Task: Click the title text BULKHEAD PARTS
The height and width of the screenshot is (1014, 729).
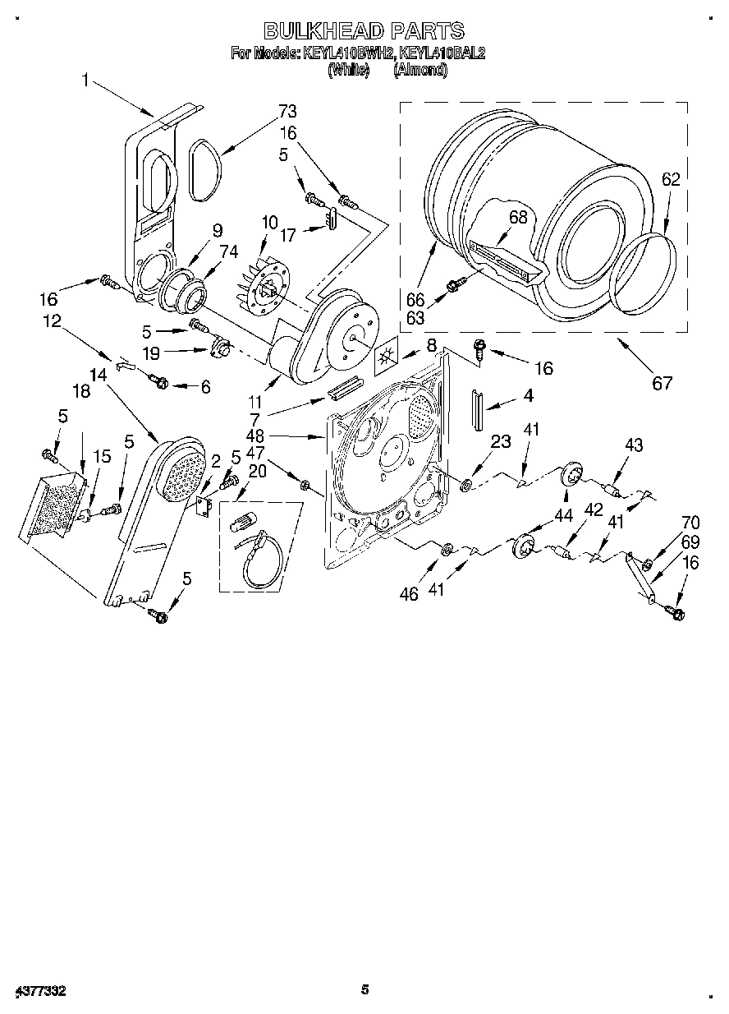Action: click(363, 31)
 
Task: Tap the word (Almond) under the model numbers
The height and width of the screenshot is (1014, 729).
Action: click(420, 71)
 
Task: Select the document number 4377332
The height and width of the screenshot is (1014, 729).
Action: click(40, 992)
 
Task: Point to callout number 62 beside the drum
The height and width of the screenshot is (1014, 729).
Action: click(671, 179)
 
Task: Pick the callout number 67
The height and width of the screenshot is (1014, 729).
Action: click(662, 382)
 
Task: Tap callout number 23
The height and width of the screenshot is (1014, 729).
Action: click(501, 442)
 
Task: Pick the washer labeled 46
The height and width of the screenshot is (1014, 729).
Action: click(447, 548)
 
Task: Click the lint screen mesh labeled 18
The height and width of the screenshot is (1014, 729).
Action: click(54, 506)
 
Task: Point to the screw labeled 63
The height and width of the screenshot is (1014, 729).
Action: click(453, 285)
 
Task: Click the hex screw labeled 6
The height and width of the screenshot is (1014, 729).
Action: click(160, 383)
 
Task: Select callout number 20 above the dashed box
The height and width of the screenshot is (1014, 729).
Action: click(256, 471)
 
